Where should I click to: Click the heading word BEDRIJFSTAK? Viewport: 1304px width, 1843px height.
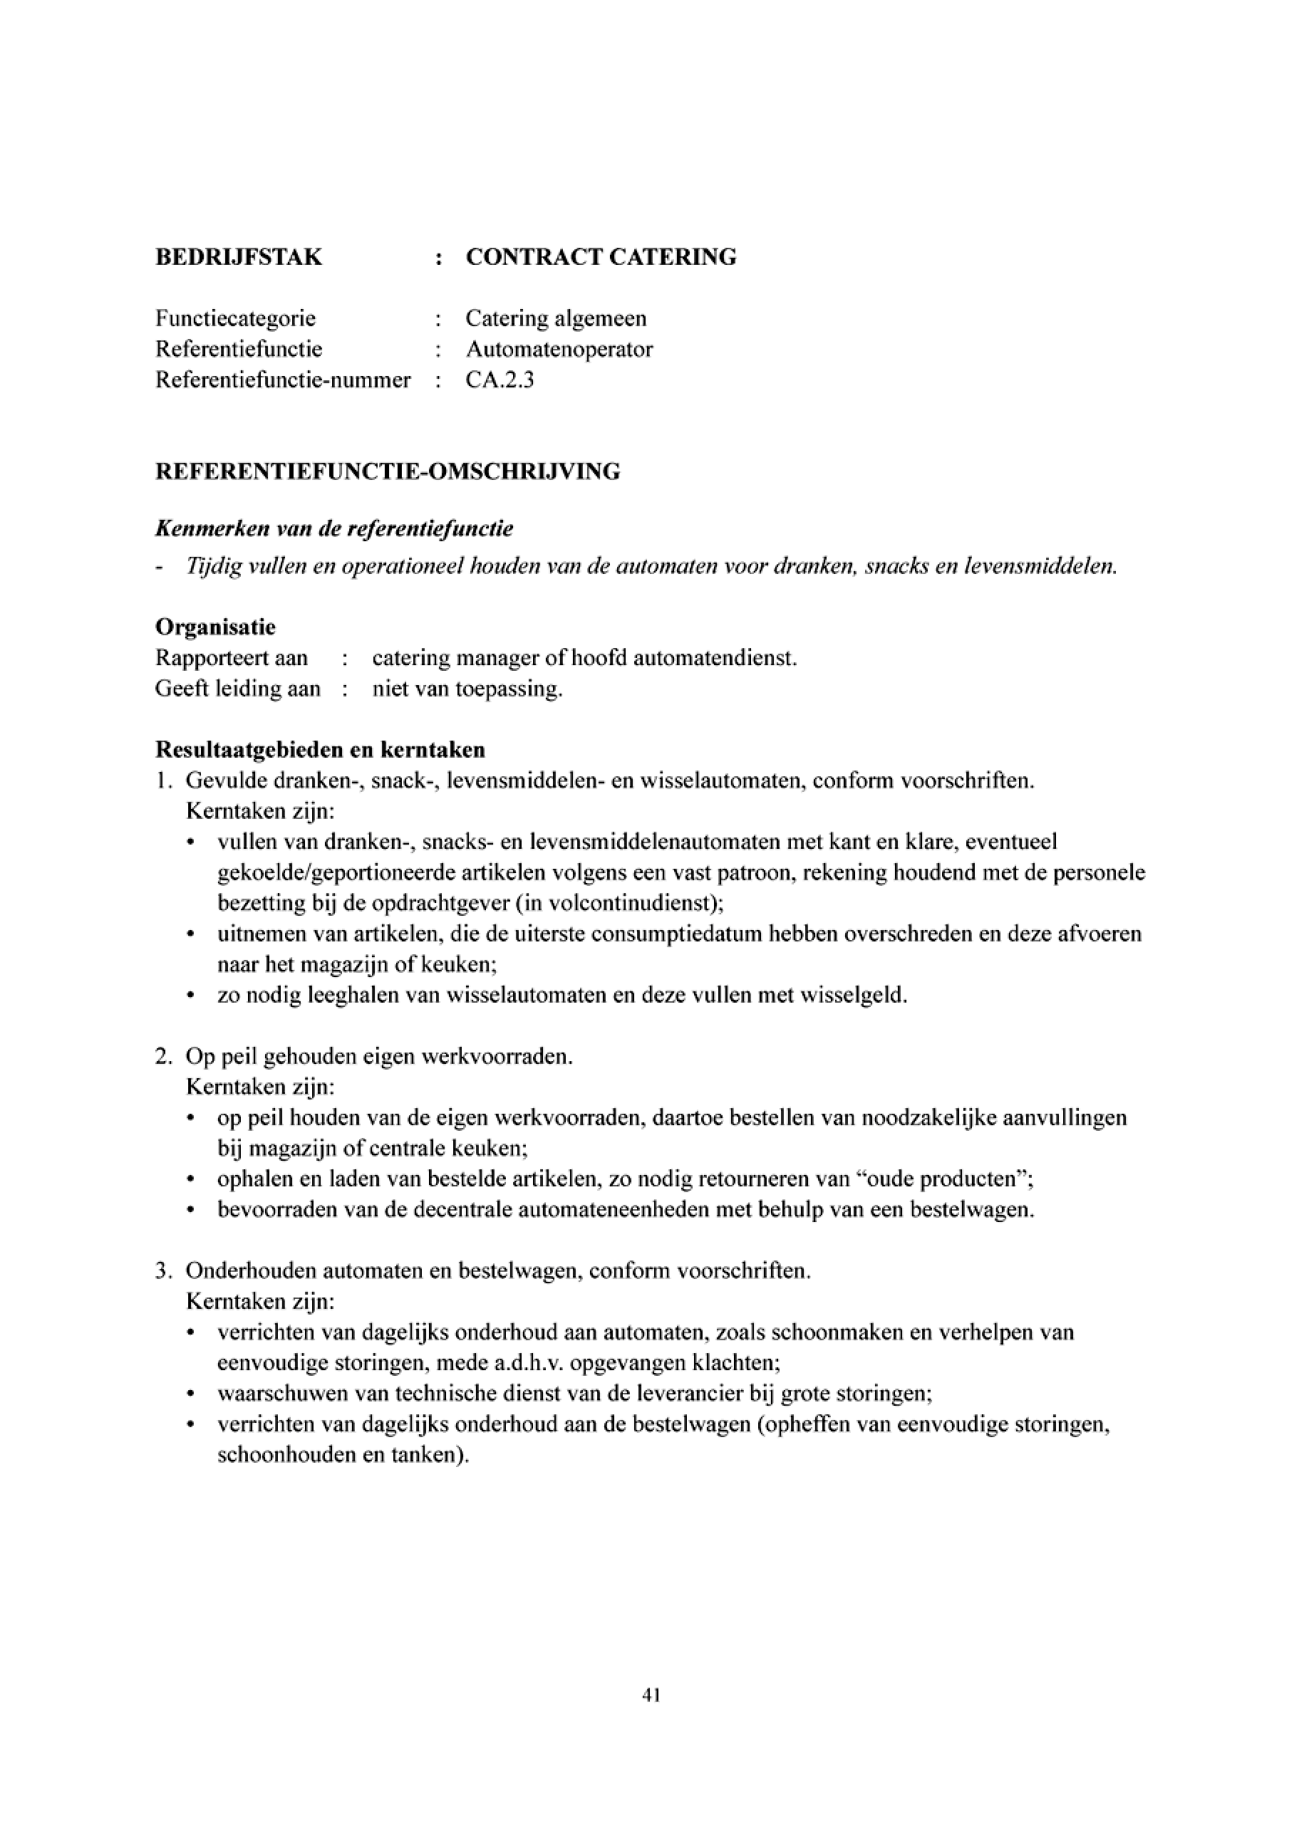(x=239, y=257)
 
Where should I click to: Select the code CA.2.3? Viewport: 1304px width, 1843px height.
(x=500, y=380)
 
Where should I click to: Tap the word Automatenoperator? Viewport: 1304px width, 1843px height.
(x=559, y=349)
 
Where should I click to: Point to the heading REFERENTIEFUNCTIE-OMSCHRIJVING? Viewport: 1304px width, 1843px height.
(x=387, y=471)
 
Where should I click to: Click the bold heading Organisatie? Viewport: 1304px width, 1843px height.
(x=215, y=627)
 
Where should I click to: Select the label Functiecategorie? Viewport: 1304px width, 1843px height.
(x=235, y=318)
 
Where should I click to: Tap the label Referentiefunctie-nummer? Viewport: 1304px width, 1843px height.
(x=283, y=380)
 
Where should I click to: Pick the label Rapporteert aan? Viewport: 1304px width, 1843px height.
(x=232, y=658)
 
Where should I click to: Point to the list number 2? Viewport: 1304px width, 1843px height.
(x=163, y=1056)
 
